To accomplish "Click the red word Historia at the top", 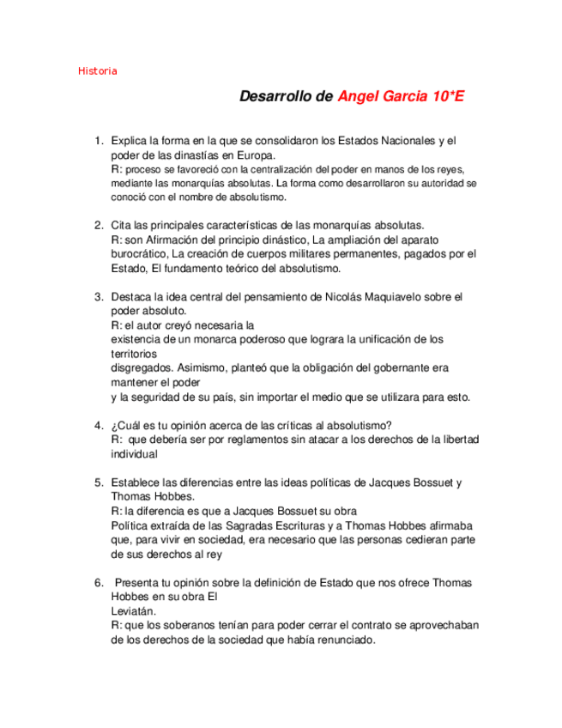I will (x=97, y=70).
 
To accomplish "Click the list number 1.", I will (x=99, y=141).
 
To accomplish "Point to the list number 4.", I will (x=99, y=425).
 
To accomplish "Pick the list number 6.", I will (x=99, y=583).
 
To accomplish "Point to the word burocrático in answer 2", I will (x=139, y=254).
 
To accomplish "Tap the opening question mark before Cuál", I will (x=114, y=425).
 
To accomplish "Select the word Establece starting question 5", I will (x=137, y=482).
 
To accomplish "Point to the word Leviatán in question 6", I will (x=135, y=611).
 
